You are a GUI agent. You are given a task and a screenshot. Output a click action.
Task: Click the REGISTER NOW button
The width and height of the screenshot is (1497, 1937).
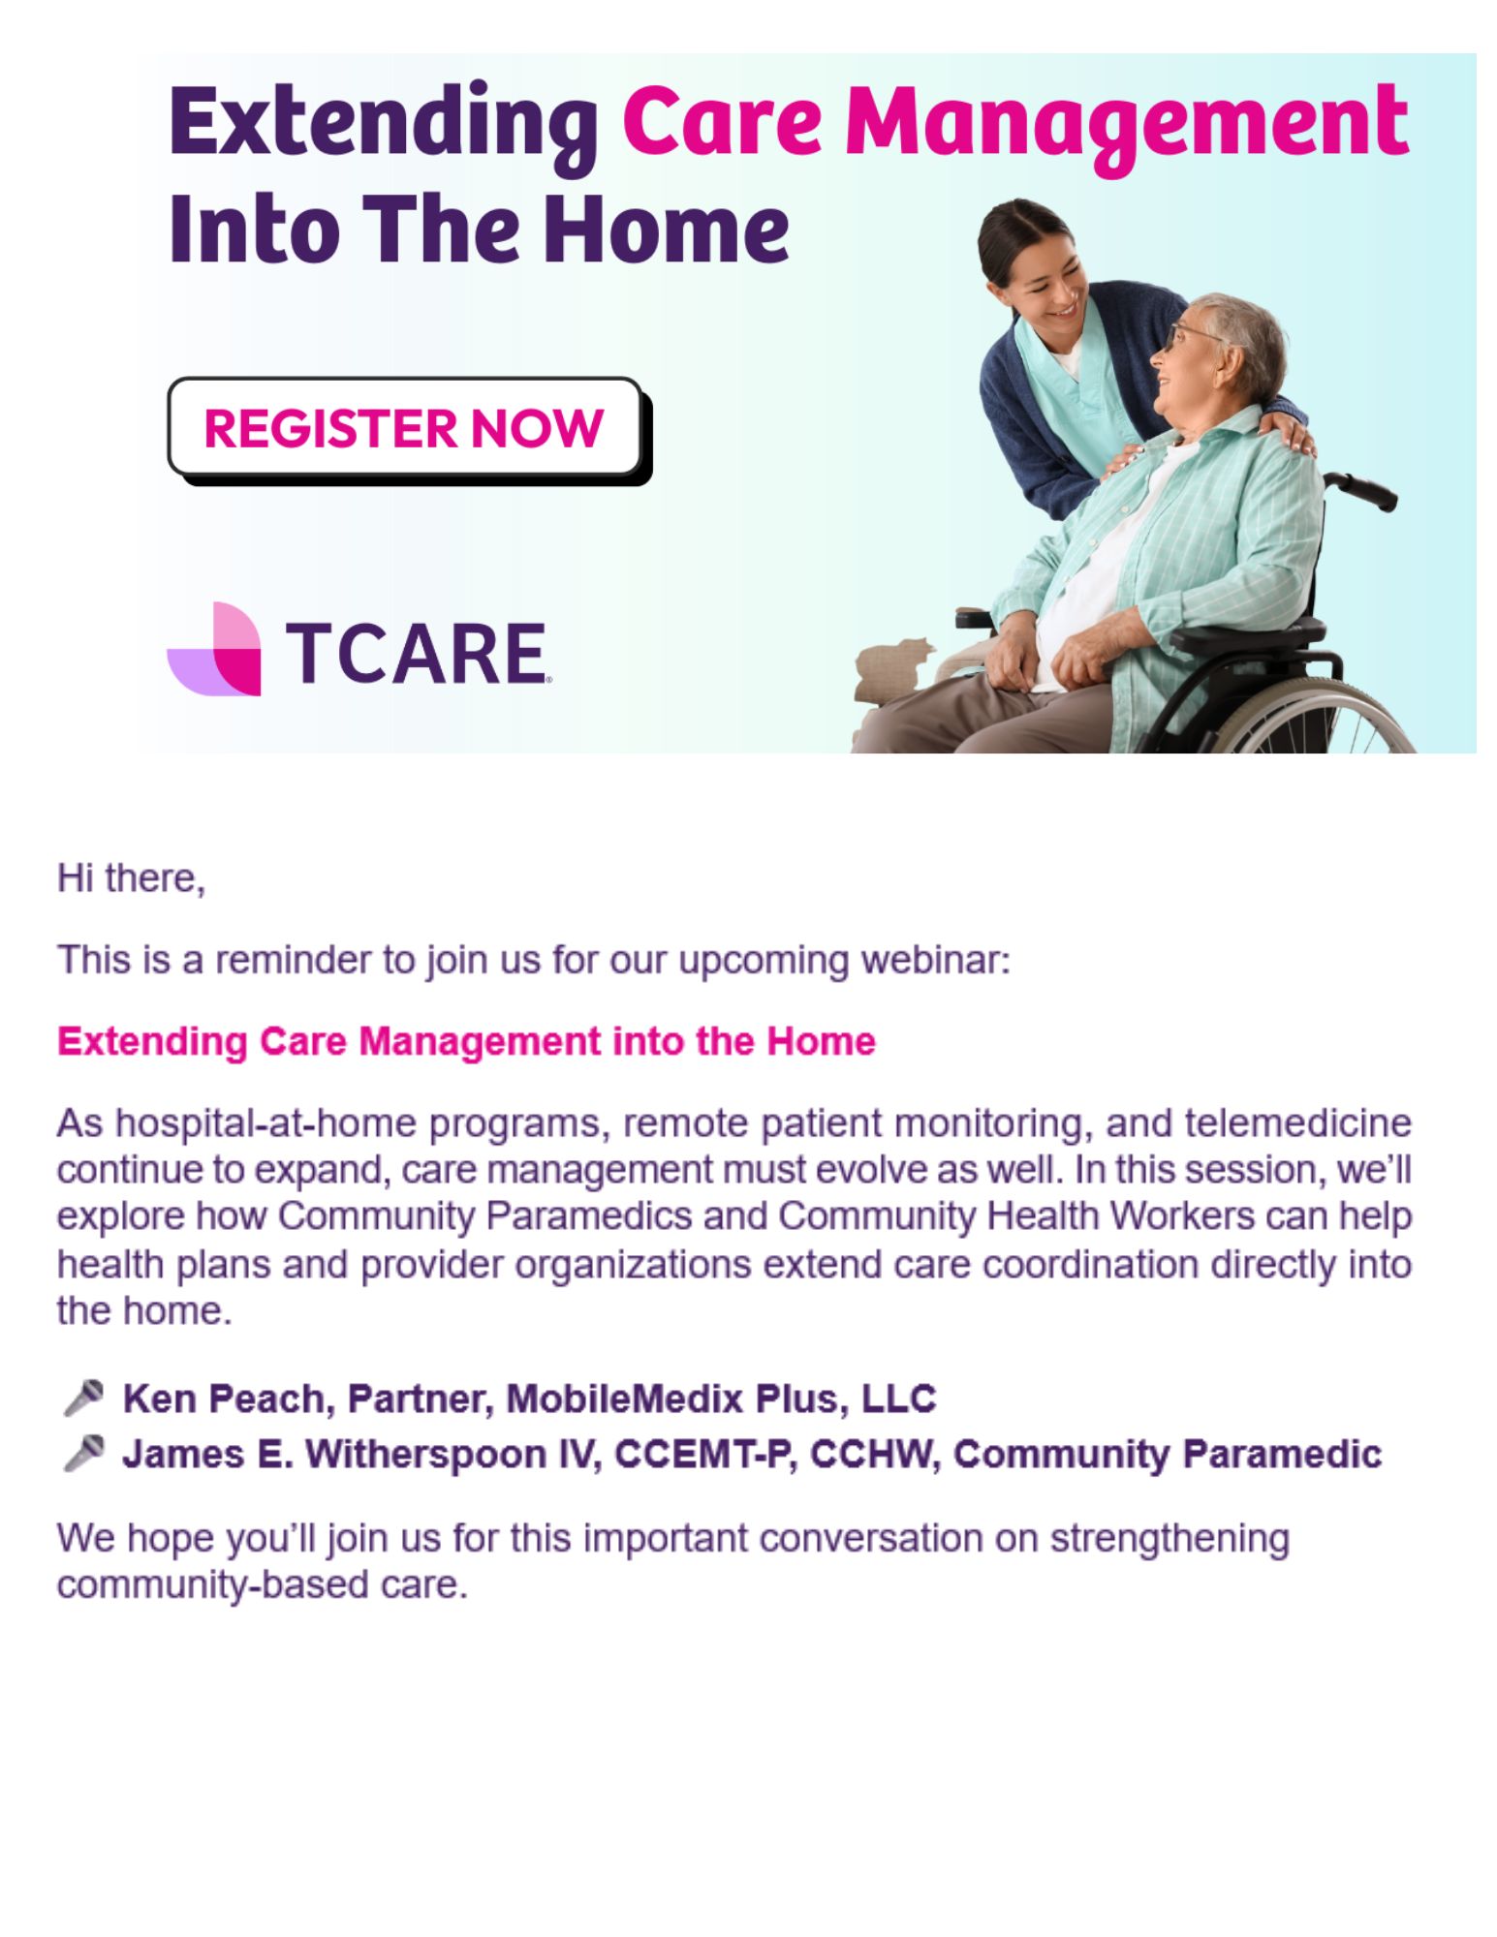click(x=405, y=427)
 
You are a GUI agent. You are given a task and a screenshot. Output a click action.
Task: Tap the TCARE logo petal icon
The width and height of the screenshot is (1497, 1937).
click(x=214, y=648)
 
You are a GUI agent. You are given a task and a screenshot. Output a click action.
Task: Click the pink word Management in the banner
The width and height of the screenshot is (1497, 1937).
click(x=1126, y=127)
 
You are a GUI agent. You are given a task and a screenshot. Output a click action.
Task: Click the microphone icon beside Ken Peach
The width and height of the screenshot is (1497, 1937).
click(x=83, y=1398)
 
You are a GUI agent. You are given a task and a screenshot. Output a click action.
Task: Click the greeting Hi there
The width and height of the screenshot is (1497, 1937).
click(x=131, y=877)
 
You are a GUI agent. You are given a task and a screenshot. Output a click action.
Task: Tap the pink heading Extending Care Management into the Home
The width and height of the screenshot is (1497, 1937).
click(x=466, y=1041)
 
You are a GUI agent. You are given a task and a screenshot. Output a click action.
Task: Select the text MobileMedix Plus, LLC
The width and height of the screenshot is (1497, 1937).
click(x=721, y=1399)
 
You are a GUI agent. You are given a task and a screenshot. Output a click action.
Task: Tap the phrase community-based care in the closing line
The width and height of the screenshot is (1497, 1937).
click(x=262, y=1585)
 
